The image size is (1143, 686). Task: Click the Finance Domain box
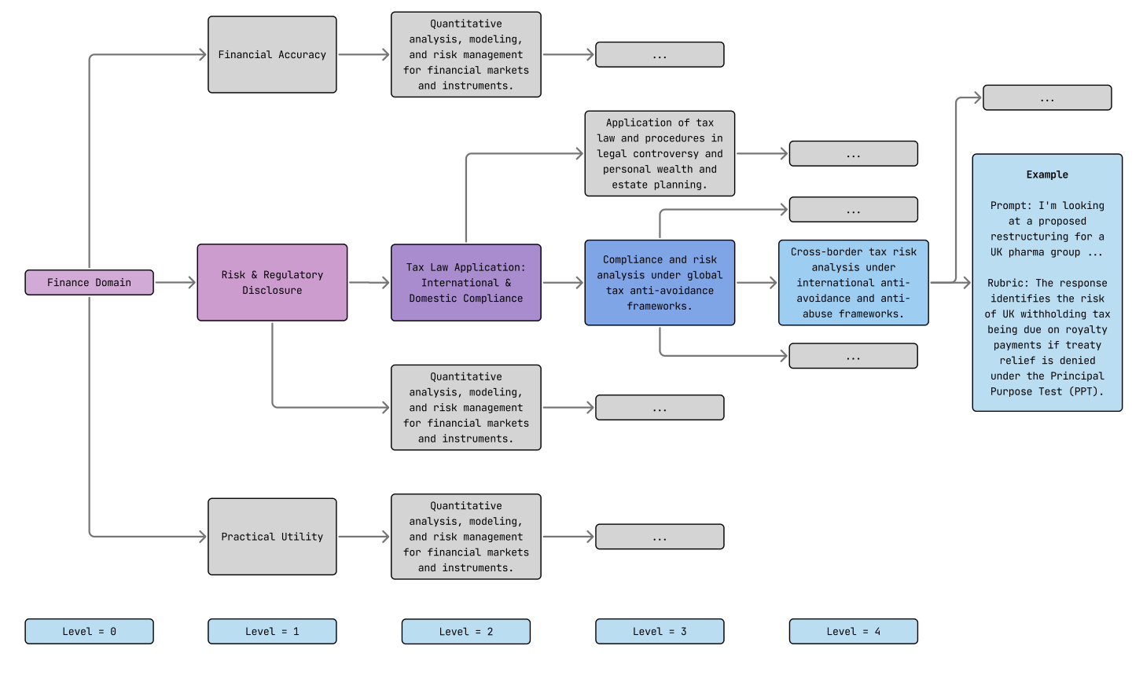point(89,282)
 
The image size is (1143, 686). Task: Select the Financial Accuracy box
point(272,54)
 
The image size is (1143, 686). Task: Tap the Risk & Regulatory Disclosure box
point(272,282)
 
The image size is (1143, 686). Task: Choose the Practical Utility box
point(272,537)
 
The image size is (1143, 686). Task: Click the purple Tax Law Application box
point(465,282)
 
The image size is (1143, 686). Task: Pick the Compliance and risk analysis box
point(660,282)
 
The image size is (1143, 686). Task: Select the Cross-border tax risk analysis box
point(853,282)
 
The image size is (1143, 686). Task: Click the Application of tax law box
point(660,153)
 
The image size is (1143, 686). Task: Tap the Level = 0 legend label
point(89,631)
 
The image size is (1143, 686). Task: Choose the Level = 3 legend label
point(660,631)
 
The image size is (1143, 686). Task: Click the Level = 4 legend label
point(853,631)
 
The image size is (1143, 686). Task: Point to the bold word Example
point(1047,174)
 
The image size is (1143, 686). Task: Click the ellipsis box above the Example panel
point(1047,97)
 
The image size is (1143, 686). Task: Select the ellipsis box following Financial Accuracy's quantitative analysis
point(660,54)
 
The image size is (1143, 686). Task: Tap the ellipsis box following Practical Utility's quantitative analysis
point(660,537)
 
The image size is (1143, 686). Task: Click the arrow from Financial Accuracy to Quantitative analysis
point(363,54)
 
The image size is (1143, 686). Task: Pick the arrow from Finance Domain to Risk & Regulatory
point(175,282)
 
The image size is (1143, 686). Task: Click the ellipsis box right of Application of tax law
point(853,153)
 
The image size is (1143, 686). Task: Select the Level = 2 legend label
point(465,631)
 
